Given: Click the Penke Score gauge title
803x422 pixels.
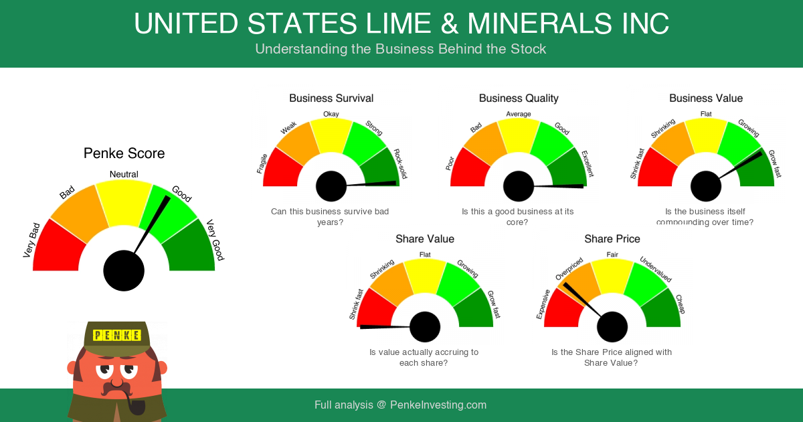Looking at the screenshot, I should pyautogui.click(x=124, y=153).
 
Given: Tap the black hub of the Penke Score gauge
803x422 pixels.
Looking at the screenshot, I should pyautogui.click(x=124, y=271).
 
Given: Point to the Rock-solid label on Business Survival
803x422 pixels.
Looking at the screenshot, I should pyautogui.click(x=400, y=164).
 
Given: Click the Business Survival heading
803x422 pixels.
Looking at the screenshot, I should pyautogui.click(x=331, y=98).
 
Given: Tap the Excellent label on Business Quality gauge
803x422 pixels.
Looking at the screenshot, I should pyautogui.click(x=587, y=164).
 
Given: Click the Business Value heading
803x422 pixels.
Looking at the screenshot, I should pyautogui.click(x=706, y=98).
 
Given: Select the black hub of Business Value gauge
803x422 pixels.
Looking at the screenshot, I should pyautogui.click(x=706, y=186).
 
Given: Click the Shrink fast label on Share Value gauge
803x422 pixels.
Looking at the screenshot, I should pyautogui.click(x=355, y=304).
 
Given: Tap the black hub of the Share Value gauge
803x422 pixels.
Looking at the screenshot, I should pyautogui.click(x=425, y=327).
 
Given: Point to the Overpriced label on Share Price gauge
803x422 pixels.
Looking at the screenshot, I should pyautogui.click(x=569, y=269).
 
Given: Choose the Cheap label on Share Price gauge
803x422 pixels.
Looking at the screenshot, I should pyautogui.click(x=680, y=304).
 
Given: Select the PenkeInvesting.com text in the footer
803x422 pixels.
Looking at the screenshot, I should pyautogui.click(x=438, y=405).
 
